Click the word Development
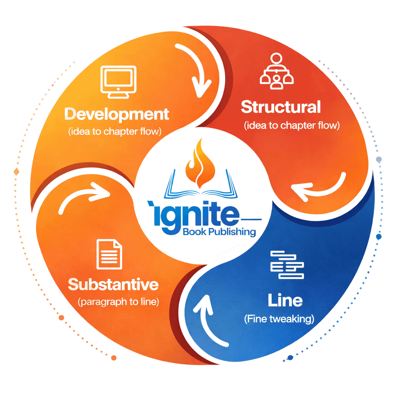(117, 115)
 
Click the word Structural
(280, 107)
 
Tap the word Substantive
(113, 285)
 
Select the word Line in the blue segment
(285, 300)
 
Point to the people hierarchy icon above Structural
(276, 71)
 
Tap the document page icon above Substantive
(109, 254)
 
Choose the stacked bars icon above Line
(287, 265)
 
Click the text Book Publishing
(219, 232)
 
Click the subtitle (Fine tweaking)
(279, 319)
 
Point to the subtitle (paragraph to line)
(118, 302)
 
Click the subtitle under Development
(114, 131)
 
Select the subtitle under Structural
(291, 125)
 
